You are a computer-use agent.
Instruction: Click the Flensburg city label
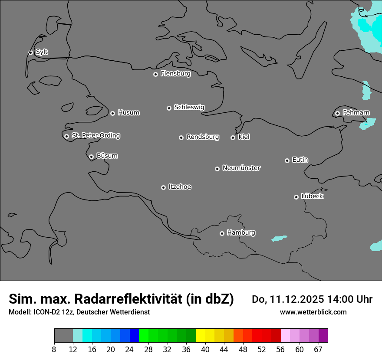[175, 74]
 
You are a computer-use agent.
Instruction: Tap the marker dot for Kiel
[233, 137]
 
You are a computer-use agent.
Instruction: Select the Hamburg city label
[241, 233]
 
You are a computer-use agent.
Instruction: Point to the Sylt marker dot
[31, 52]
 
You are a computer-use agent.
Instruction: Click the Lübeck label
[312, 196]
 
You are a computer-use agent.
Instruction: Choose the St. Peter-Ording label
[95, 136]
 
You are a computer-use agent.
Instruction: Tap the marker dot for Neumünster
[217, 169]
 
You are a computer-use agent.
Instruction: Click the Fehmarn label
[356, 113]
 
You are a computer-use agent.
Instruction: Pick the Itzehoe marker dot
[163, 187]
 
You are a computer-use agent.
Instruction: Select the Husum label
[128, 113]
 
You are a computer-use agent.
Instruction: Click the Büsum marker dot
[91, 157]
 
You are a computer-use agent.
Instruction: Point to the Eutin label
[300, 160]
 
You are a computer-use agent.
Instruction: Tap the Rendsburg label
[203, 137]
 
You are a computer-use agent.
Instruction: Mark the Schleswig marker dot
[169, 108]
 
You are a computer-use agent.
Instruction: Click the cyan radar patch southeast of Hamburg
[279, 239]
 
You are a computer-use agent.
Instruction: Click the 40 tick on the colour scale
[205, 349]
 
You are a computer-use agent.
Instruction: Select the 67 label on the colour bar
[318, 349]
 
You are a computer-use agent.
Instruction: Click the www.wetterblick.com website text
[313, 312]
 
